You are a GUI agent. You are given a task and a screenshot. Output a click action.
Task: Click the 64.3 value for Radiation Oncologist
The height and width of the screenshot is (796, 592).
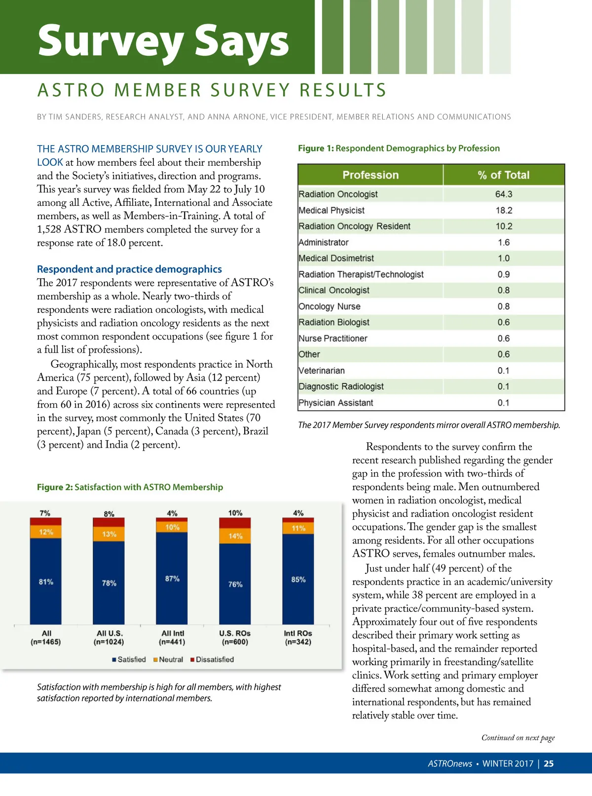[x=503, y=194]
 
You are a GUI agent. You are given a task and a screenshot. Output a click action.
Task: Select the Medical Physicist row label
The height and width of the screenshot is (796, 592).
[x=332, y=211]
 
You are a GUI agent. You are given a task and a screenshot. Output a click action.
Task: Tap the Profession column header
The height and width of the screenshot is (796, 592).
[x=370, y=175]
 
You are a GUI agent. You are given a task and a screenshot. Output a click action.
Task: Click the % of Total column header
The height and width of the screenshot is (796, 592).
[x=503, y=175]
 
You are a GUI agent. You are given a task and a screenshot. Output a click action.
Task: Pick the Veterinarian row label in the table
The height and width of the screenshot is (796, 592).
[x=322, y=371]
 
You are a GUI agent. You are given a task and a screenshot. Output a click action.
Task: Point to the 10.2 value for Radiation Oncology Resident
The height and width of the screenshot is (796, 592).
[x=503, y=227]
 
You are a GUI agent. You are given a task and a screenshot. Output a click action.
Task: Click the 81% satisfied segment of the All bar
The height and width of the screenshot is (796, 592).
[x=46, y=581]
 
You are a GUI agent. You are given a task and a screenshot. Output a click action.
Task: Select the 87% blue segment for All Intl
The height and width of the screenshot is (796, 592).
[x=172, y=578]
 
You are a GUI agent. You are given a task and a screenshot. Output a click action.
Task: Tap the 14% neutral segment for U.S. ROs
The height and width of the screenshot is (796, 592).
[x=235, y=536]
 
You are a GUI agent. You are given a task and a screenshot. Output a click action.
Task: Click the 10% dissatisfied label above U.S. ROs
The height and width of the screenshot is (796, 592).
[x=235, y=513]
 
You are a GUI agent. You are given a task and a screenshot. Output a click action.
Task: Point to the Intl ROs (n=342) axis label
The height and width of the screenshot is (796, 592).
[x=298, y=638]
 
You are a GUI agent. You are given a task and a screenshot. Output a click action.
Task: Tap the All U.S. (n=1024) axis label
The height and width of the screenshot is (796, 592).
[x=109, y=638]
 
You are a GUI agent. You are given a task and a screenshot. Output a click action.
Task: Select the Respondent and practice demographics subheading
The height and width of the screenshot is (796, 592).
[x=129, y=269]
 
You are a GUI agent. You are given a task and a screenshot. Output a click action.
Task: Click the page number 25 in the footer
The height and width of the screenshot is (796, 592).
[x=549, y=763]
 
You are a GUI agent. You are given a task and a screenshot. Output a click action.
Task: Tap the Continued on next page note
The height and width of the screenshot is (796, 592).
[x=518, y=738]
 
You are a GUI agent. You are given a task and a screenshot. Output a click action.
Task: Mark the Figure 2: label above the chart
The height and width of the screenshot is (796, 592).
[x=55, y=487]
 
